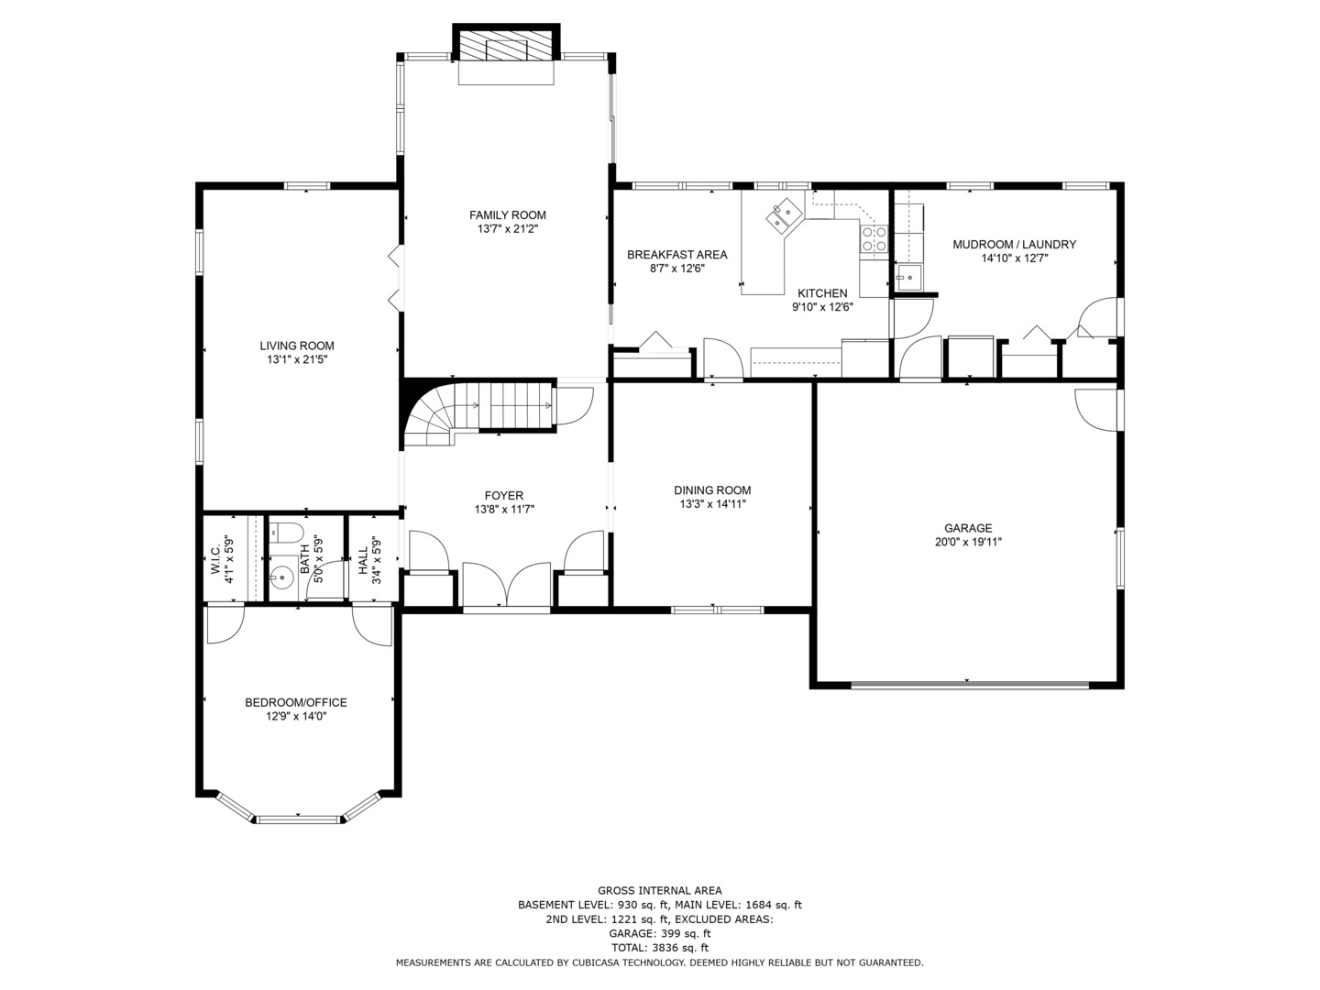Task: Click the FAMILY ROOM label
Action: coord(507,215)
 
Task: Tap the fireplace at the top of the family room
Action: coord(507,48)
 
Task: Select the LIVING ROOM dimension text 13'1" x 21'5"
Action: coord(296,360)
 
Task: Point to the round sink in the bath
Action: coord(283,577)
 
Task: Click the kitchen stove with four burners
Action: coord(874,239)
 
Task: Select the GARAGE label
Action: coord(968,528)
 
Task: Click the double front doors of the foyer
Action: coord(507,587)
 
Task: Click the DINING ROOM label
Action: coord(712,490)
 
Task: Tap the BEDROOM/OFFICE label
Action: coord(295,703)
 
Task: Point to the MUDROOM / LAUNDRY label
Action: coord(1014,245)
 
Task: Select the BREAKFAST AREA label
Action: coord(676,255)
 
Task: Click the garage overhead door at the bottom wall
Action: coord(969,684)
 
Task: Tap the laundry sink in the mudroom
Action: coord(909,277)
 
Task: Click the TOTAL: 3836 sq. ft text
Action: coord(659,948)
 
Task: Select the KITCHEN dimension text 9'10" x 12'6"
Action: coord(822,307)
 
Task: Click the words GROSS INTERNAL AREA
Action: coord(659,890)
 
